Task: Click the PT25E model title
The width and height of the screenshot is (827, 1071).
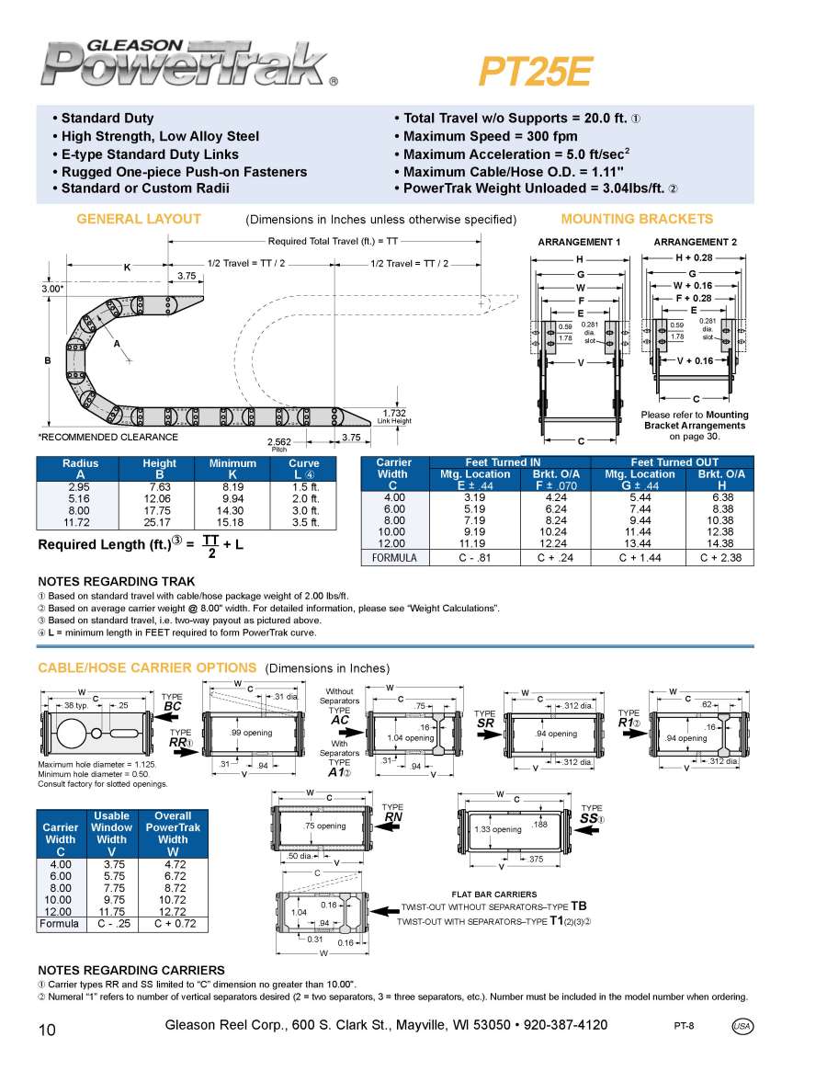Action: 536,72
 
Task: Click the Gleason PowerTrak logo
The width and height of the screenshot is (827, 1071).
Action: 184,63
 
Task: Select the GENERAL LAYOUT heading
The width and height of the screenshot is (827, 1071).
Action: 139,219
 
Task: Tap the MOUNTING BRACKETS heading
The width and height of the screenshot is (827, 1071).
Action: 637,219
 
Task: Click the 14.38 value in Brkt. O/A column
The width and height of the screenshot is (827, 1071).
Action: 719,543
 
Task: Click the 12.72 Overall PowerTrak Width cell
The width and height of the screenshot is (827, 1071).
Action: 173,911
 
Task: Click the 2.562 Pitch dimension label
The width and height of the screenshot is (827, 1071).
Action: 278,442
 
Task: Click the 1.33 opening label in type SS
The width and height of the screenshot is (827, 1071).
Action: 497,829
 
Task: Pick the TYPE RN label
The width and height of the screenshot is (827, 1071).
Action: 392,812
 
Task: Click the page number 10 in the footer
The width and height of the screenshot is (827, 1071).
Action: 47,1031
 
